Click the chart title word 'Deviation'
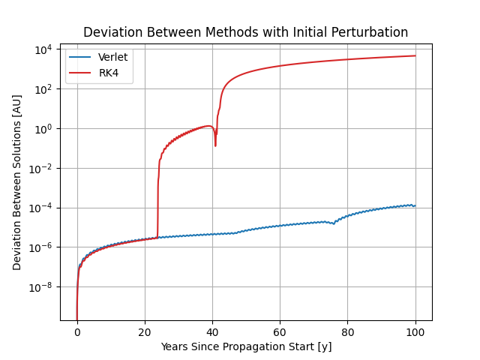pos(109,32)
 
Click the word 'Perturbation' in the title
pos(371,32)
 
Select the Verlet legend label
pos(112,58)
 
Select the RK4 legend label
pos(109,73)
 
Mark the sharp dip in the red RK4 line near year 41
pos(215,144)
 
